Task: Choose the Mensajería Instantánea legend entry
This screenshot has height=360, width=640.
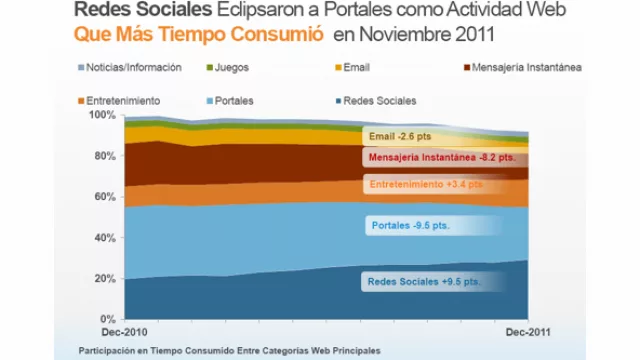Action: click(x=507, y=67)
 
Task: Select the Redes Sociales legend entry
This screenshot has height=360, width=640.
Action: click(x=378, y=100)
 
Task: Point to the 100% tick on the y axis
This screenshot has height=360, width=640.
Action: click(x=103, y=115)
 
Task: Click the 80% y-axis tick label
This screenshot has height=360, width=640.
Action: click(x=105, y=156)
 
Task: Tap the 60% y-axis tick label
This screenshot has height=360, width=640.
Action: click(x=105, y=197)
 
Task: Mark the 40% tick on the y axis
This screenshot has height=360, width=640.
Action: click(x=105, y=238)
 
